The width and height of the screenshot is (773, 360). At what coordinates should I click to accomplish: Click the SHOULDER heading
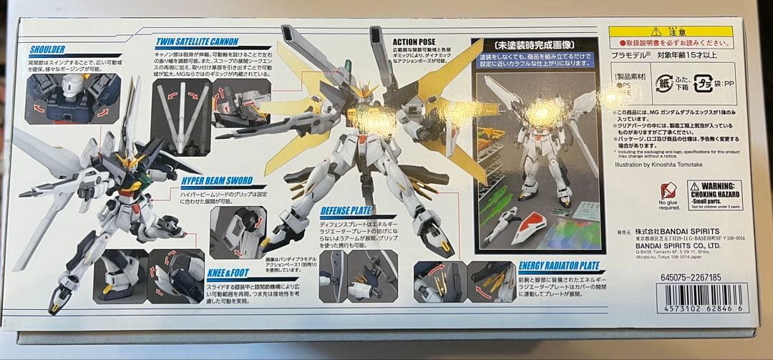47,49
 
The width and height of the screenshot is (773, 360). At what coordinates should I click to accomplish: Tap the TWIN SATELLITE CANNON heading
197,42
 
